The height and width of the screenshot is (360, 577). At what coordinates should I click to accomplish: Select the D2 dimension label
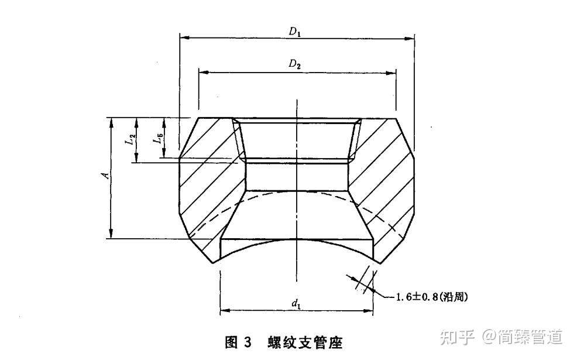[x=295, y=64]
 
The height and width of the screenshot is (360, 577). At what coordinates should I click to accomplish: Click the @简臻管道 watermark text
[x=523, y=337]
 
